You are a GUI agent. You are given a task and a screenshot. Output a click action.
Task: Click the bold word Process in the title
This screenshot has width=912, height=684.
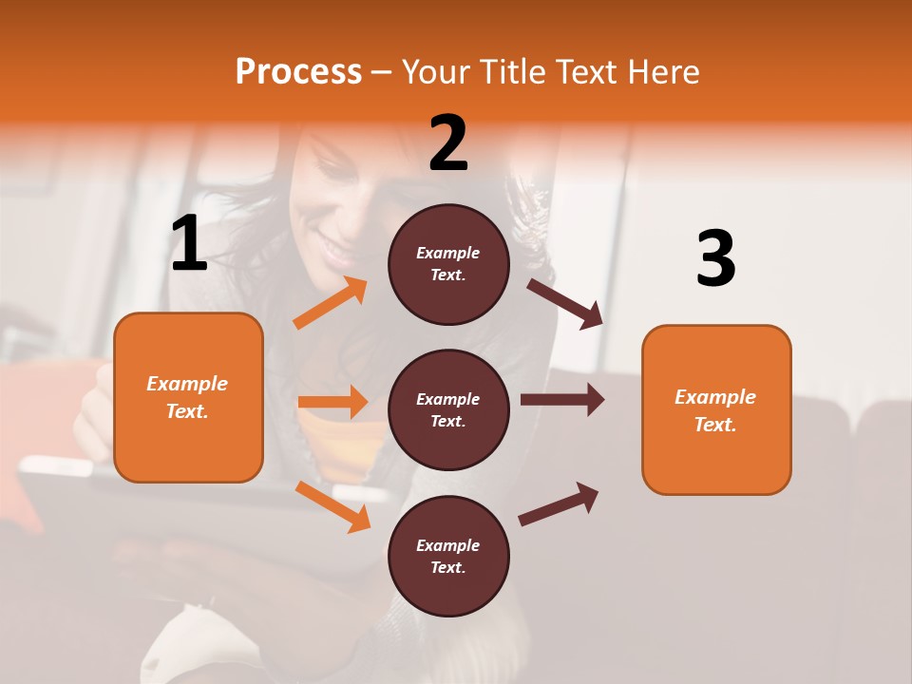298,71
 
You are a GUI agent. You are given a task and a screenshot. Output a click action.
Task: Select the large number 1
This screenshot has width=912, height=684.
189,244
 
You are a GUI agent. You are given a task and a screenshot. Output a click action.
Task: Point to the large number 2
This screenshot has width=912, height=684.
448,143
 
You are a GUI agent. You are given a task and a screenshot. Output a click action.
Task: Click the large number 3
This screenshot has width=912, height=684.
715,259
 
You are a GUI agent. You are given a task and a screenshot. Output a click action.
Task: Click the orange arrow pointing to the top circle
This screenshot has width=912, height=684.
331,303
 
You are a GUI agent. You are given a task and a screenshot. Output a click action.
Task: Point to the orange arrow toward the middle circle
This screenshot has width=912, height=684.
332,402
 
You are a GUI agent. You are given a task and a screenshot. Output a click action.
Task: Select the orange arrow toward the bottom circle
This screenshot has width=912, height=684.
332,505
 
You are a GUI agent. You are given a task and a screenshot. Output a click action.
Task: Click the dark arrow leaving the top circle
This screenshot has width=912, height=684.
564,303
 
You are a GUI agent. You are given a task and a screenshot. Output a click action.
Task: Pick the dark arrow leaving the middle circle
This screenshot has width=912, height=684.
561,400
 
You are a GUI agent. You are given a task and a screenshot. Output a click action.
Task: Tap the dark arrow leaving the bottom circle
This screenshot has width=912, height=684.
559,503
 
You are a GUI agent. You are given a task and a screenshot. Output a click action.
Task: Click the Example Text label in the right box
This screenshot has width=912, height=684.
715,410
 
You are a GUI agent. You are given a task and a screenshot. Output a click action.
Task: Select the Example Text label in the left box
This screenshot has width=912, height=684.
187,397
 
